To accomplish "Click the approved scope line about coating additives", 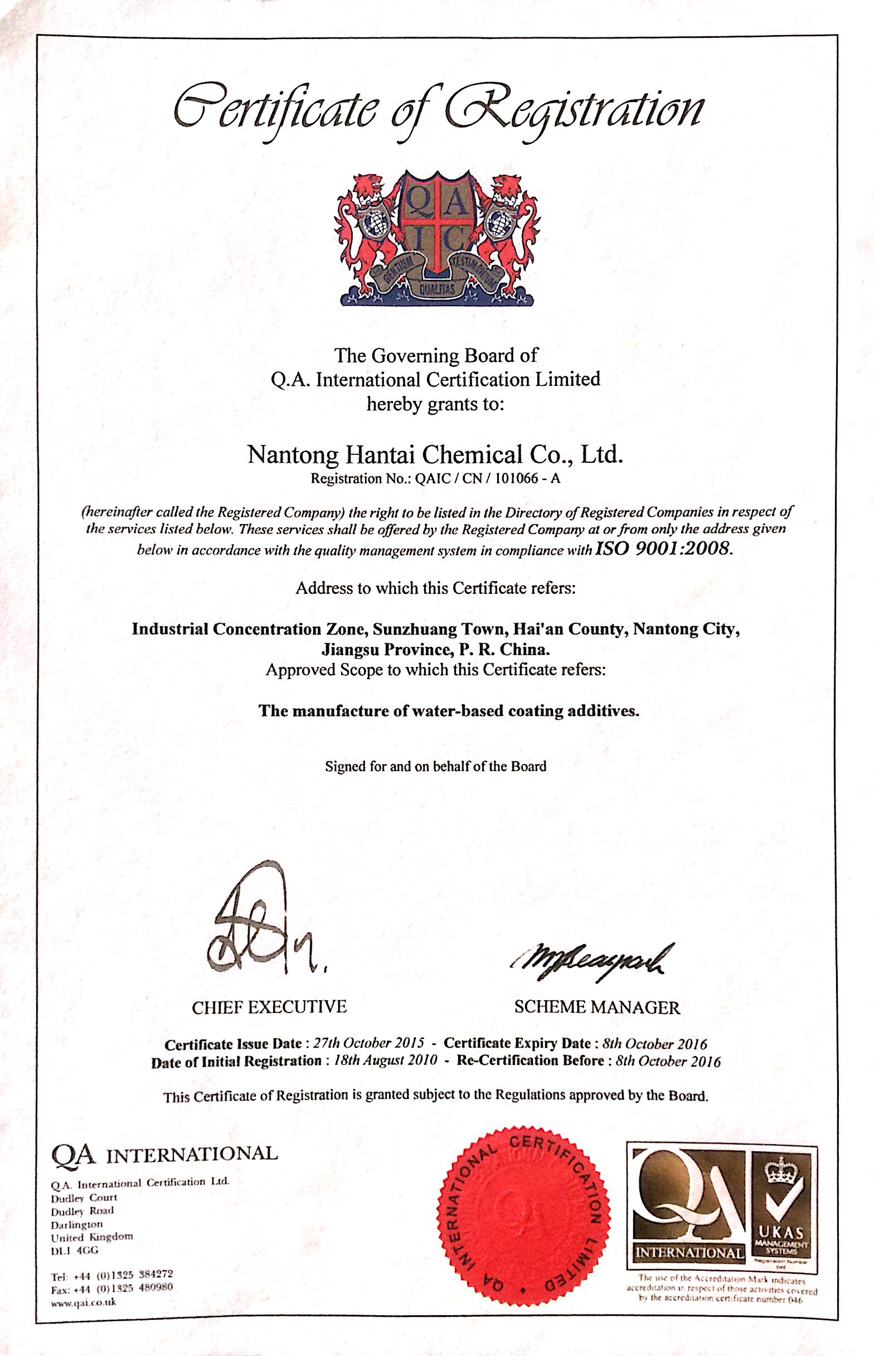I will [449, 711].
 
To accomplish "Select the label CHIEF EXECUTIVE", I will [269, 1008].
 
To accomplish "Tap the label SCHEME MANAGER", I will [596, 1008].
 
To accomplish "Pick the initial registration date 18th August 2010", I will [385, 1061].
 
